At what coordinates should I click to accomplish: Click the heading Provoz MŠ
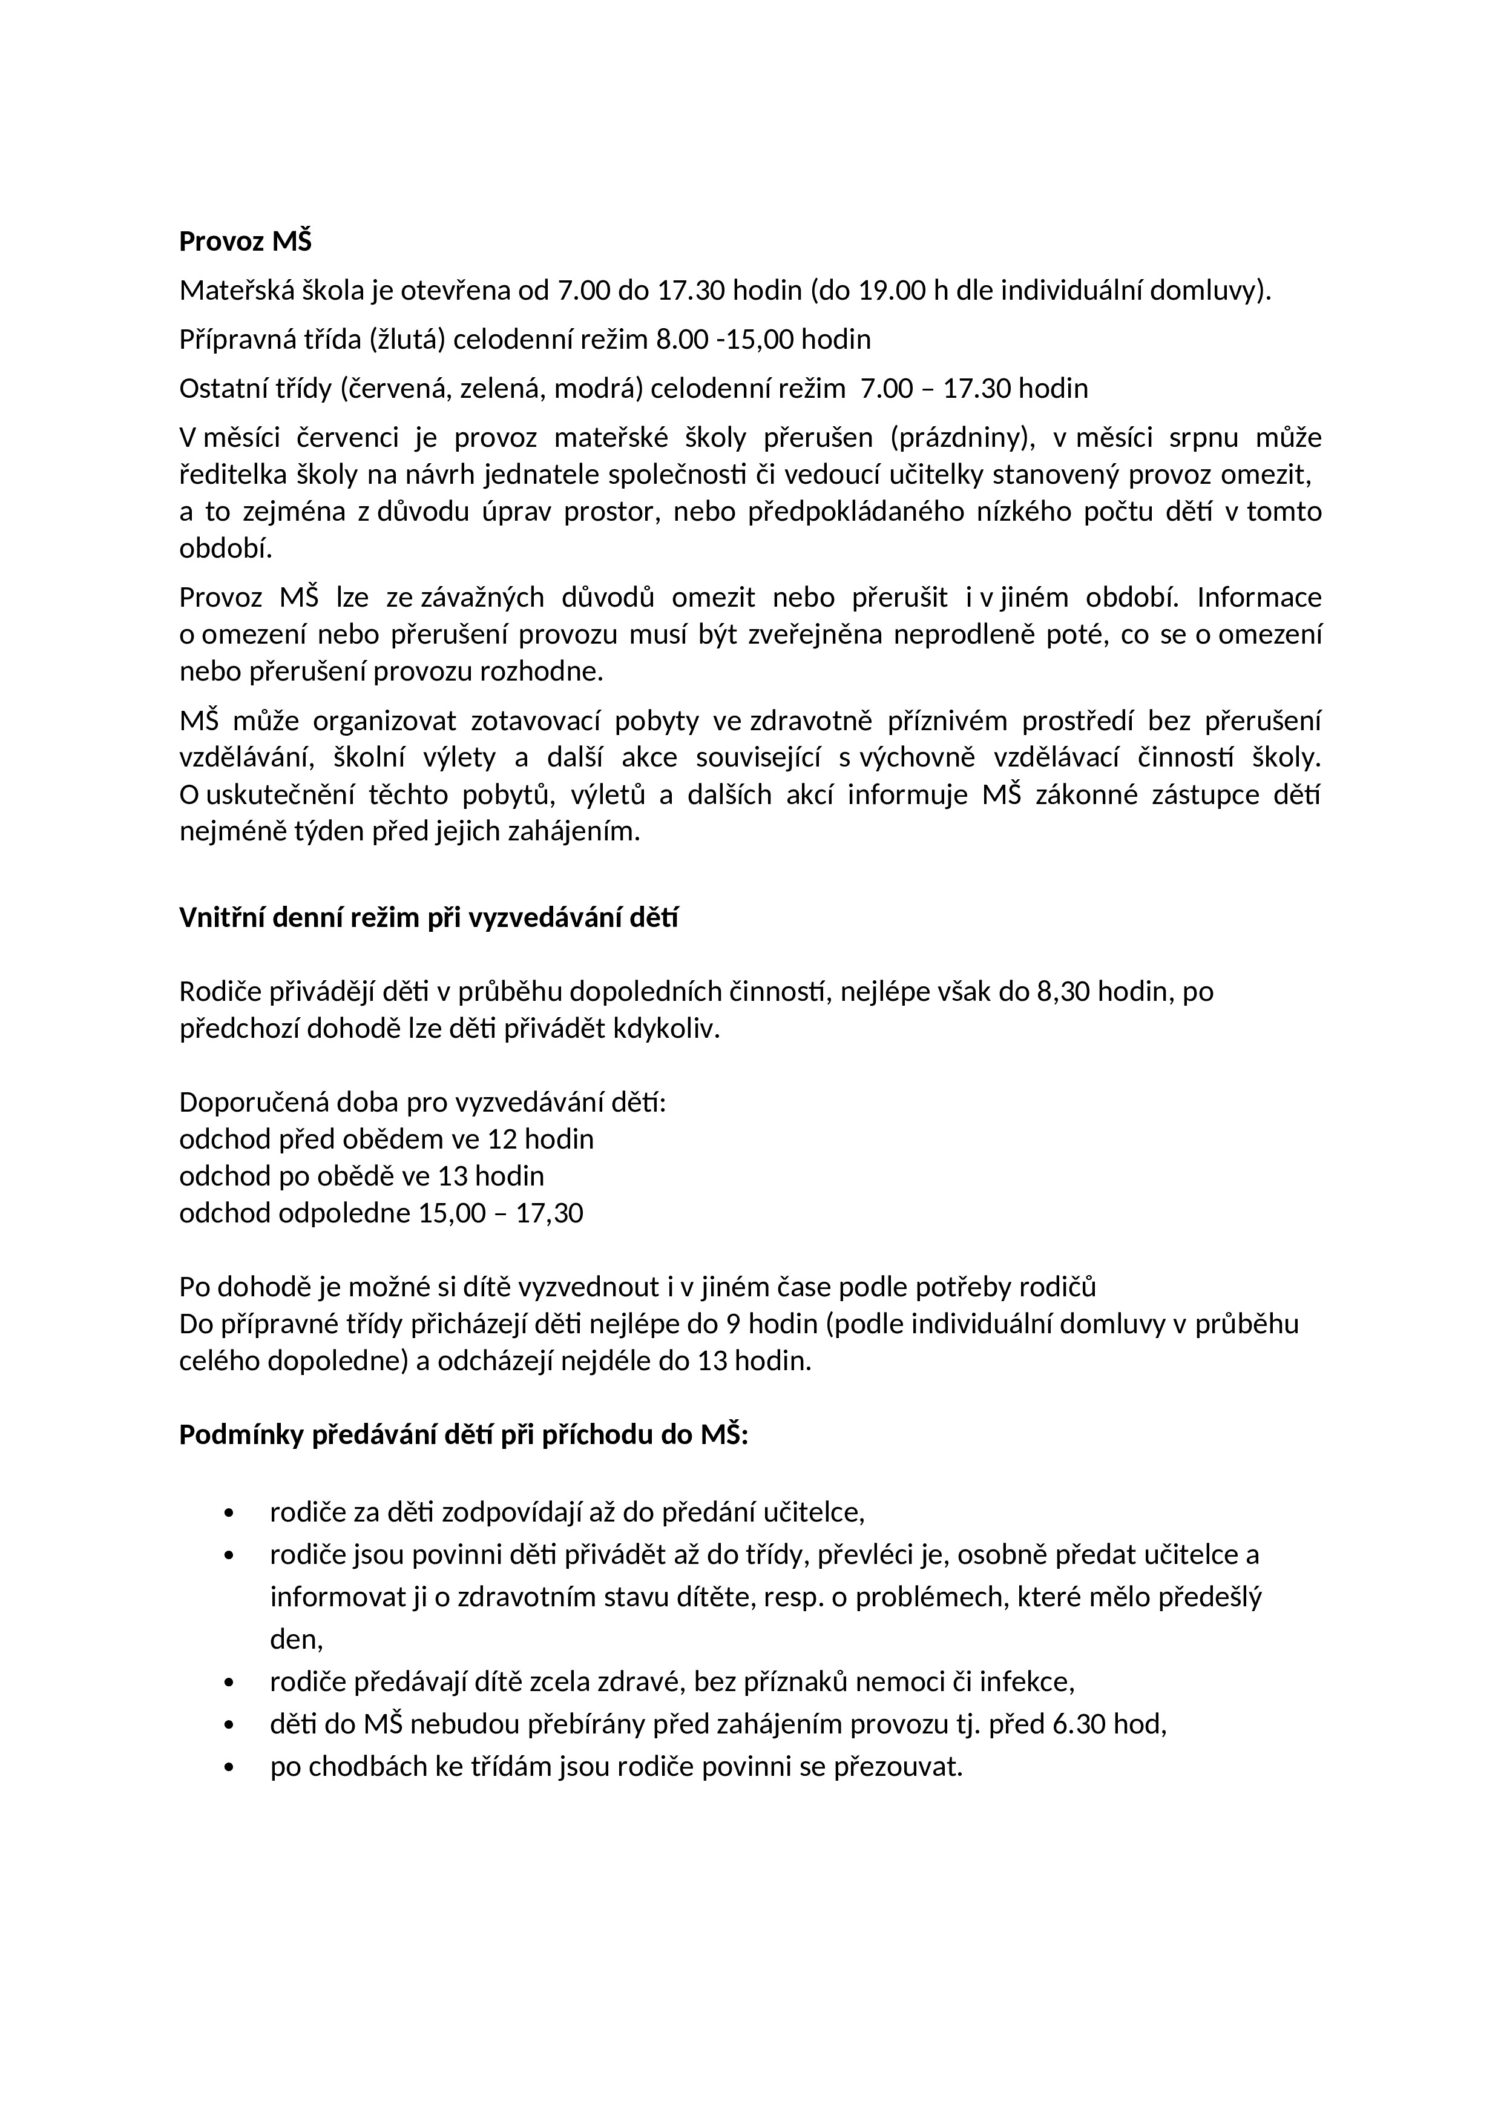click(245, 242)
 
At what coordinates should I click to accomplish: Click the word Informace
click(1259, 598)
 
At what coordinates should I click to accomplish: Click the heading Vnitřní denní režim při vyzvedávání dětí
click(428, 918)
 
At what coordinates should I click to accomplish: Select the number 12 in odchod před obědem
click(502, 1139)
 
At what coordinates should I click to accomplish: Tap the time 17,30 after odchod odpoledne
click(550, 1213)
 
